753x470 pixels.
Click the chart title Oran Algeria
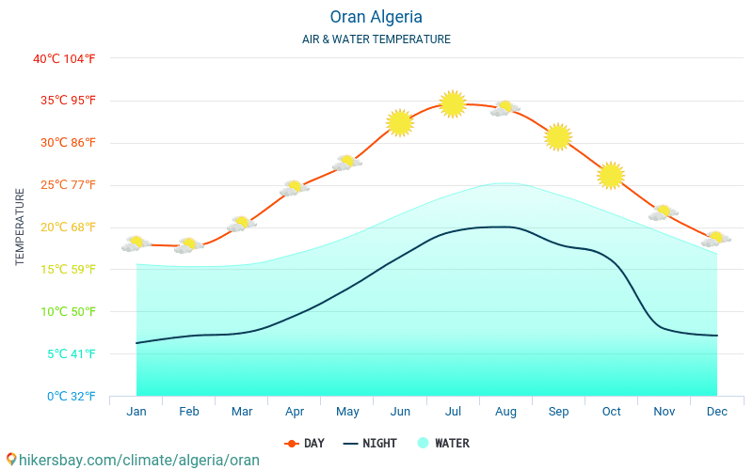(x=376, y=17)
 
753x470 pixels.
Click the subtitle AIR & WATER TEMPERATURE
(x=376, y=39)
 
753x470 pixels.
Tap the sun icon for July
(x=453, y=103)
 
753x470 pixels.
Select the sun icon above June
(x=400, y=123)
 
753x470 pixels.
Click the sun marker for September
(x=558, y=136)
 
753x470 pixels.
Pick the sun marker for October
(x=611, y=175)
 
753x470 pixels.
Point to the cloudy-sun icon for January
(x=136, y=244)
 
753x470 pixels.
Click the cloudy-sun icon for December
(x=716, y=239)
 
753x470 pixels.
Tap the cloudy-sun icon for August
(x=505, y=108)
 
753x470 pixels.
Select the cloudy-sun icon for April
(x=295, y=188)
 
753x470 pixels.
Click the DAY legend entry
(x=304, y=443)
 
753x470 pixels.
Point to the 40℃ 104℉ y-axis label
(x=64, y=58)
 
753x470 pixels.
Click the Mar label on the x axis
(x=242, y=412)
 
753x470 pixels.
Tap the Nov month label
(x=664, y=412)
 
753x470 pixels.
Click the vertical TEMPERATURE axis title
(x=21, y=227)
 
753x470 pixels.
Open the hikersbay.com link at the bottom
(x=132, y=461)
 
